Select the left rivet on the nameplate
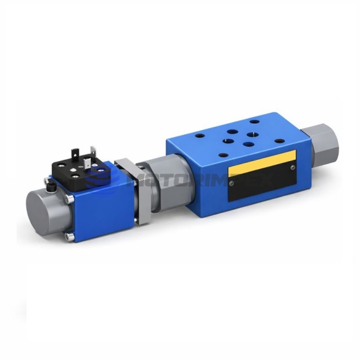click(230, 183)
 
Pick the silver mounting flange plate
click(140, 196)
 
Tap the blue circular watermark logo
click(102, 176)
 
